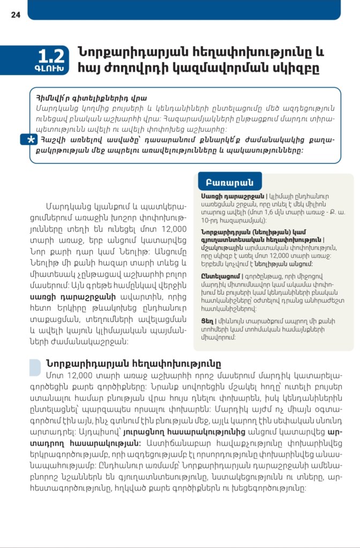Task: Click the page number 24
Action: click(16, 15)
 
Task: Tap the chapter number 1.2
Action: click(51, 56)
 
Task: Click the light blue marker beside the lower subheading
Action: click(35, 367)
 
